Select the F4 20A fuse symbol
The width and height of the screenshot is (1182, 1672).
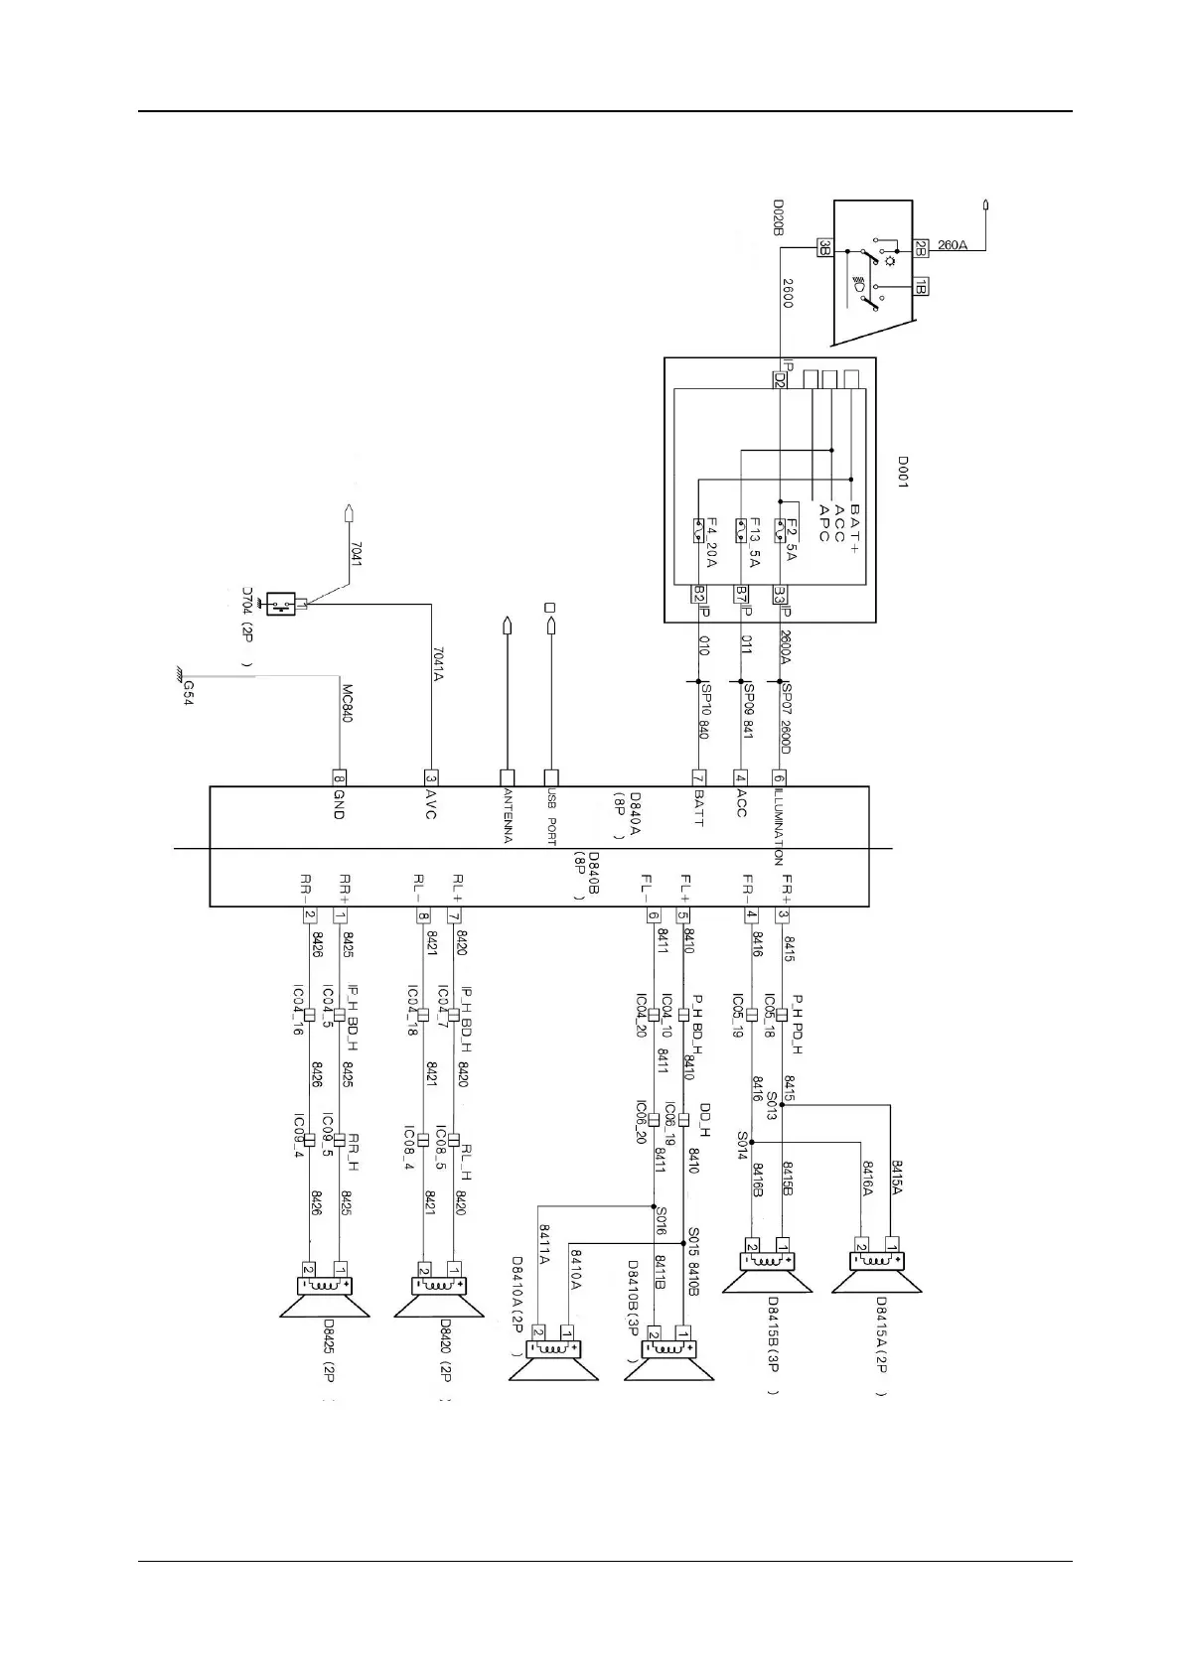[699, 526]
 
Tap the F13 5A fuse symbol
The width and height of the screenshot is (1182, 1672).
[742, 527]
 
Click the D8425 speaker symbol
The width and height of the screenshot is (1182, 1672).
[325, 1296]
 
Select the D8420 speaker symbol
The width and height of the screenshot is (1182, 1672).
[439, 1296]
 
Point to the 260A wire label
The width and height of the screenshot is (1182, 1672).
[952, 245]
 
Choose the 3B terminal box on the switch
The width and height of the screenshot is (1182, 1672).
[823, 246]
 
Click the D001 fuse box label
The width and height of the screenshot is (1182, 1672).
[903, 473]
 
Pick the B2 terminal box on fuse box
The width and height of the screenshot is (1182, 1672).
[699, 595]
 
